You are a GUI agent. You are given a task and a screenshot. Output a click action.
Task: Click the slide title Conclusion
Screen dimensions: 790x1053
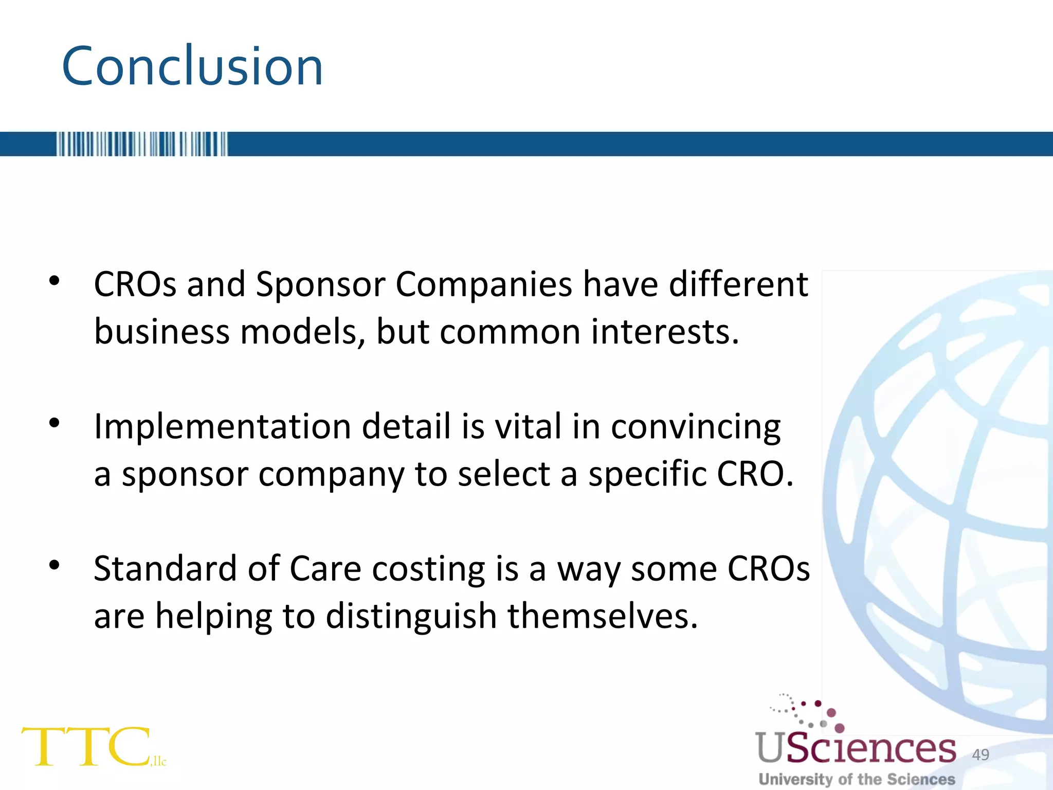point(192,66)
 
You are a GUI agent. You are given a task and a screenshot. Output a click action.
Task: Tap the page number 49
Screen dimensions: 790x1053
point(981,755)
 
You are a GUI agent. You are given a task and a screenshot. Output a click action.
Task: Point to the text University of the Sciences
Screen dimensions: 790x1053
point(857,779)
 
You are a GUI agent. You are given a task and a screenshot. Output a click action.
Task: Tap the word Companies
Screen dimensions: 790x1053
point(483,284)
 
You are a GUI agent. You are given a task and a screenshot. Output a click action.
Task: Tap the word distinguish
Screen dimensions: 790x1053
point(411,617)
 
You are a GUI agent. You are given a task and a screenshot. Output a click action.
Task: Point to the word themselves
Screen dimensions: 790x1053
point(603,616)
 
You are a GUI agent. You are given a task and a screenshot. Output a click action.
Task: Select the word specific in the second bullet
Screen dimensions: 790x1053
point(647,474)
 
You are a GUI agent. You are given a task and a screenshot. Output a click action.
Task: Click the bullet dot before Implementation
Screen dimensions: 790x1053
point(55,423)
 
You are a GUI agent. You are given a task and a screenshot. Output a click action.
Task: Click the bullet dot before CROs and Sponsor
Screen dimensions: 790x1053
point(55,281)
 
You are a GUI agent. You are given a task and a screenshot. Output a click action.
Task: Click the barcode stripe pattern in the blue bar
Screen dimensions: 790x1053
point(141,144)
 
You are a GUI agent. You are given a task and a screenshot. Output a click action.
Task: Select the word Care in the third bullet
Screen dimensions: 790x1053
point(325,569)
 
